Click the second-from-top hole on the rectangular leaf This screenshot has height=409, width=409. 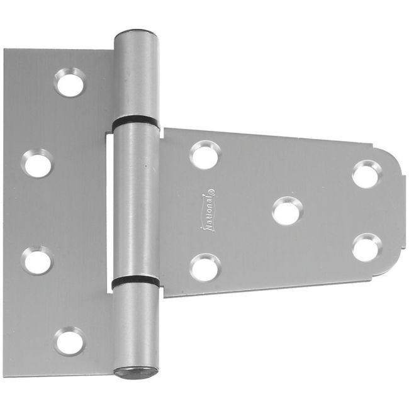tap(39, 163)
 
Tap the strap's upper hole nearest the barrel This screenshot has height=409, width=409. tap(205, 154)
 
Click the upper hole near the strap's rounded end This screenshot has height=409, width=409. tap(365, 174)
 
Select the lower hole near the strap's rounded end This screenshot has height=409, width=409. tap(366, 247)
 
